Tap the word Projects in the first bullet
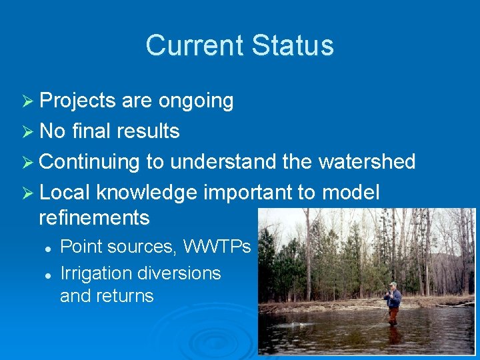(77, 101)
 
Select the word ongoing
(196, 101)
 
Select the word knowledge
(147, 193)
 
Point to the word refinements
(94, 217)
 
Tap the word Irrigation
(96, 273)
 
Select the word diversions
(179, 273)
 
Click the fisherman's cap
(393, 285)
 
